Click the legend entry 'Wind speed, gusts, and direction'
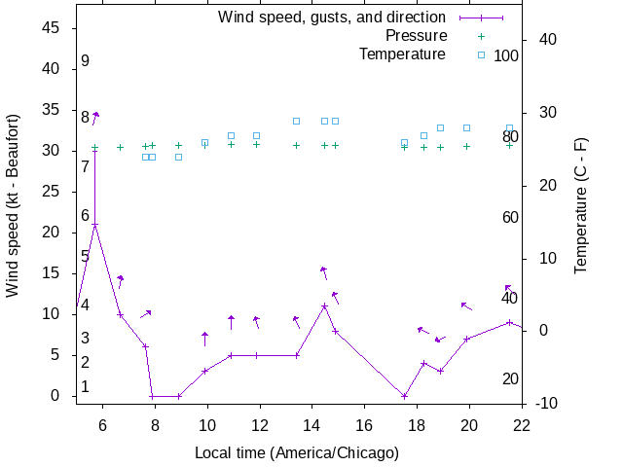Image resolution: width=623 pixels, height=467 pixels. (x=331, y=18)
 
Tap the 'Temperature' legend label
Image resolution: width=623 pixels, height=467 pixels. (x=402, y=54)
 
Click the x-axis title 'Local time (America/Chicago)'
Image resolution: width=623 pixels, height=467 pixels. (x=297, y=452)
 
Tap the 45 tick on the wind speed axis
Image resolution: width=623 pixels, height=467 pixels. (x=54, y=28)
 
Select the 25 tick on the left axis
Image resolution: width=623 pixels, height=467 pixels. (x=54, y=192)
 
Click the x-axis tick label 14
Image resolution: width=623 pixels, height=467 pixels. (x=312, y=424)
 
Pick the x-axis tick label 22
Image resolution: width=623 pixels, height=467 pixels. (x=523, y=424)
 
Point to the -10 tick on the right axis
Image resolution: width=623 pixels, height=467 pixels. (x=546, y=403)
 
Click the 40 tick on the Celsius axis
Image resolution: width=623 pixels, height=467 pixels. (x=542, y=40)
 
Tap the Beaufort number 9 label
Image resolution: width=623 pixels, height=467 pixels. (x=86, y=61)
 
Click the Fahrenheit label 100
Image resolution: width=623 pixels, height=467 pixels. (x=506, y=56)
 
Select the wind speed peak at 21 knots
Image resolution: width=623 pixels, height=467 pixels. (x=94, y=225)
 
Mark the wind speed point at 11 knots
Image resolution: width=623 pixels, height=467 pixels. (x=324, y=306)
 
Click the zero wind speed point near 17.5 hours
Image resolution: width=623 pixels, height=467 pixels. (x=404, y=396)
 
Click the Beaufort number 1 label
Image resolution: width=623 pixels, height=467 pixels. (x=86, y=387)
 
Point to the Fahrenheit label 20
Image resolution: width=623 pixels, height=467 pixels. (x=510, y=378)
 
